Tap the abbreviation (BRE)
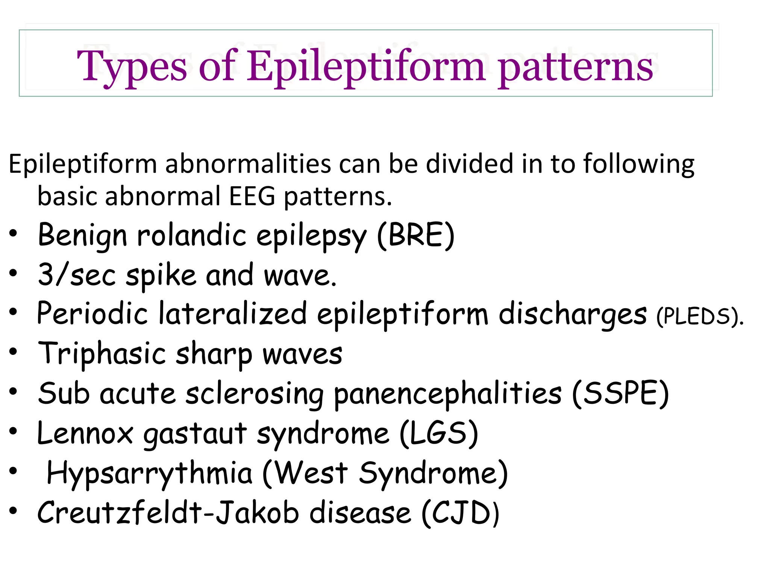[x=416, y=236]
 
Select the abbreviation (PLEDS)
[x=699, y=316]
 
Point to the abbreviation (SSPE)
[x=620, y=394]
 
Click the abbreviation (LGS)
[x=438, y=433]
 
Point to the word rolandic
[x=191, y=236]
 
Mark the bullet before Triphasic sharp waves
[x=14, y=352]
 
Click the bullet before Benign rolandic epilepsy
[x=14, y=233]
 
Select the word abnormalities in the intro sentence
[x=248, y=164]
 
